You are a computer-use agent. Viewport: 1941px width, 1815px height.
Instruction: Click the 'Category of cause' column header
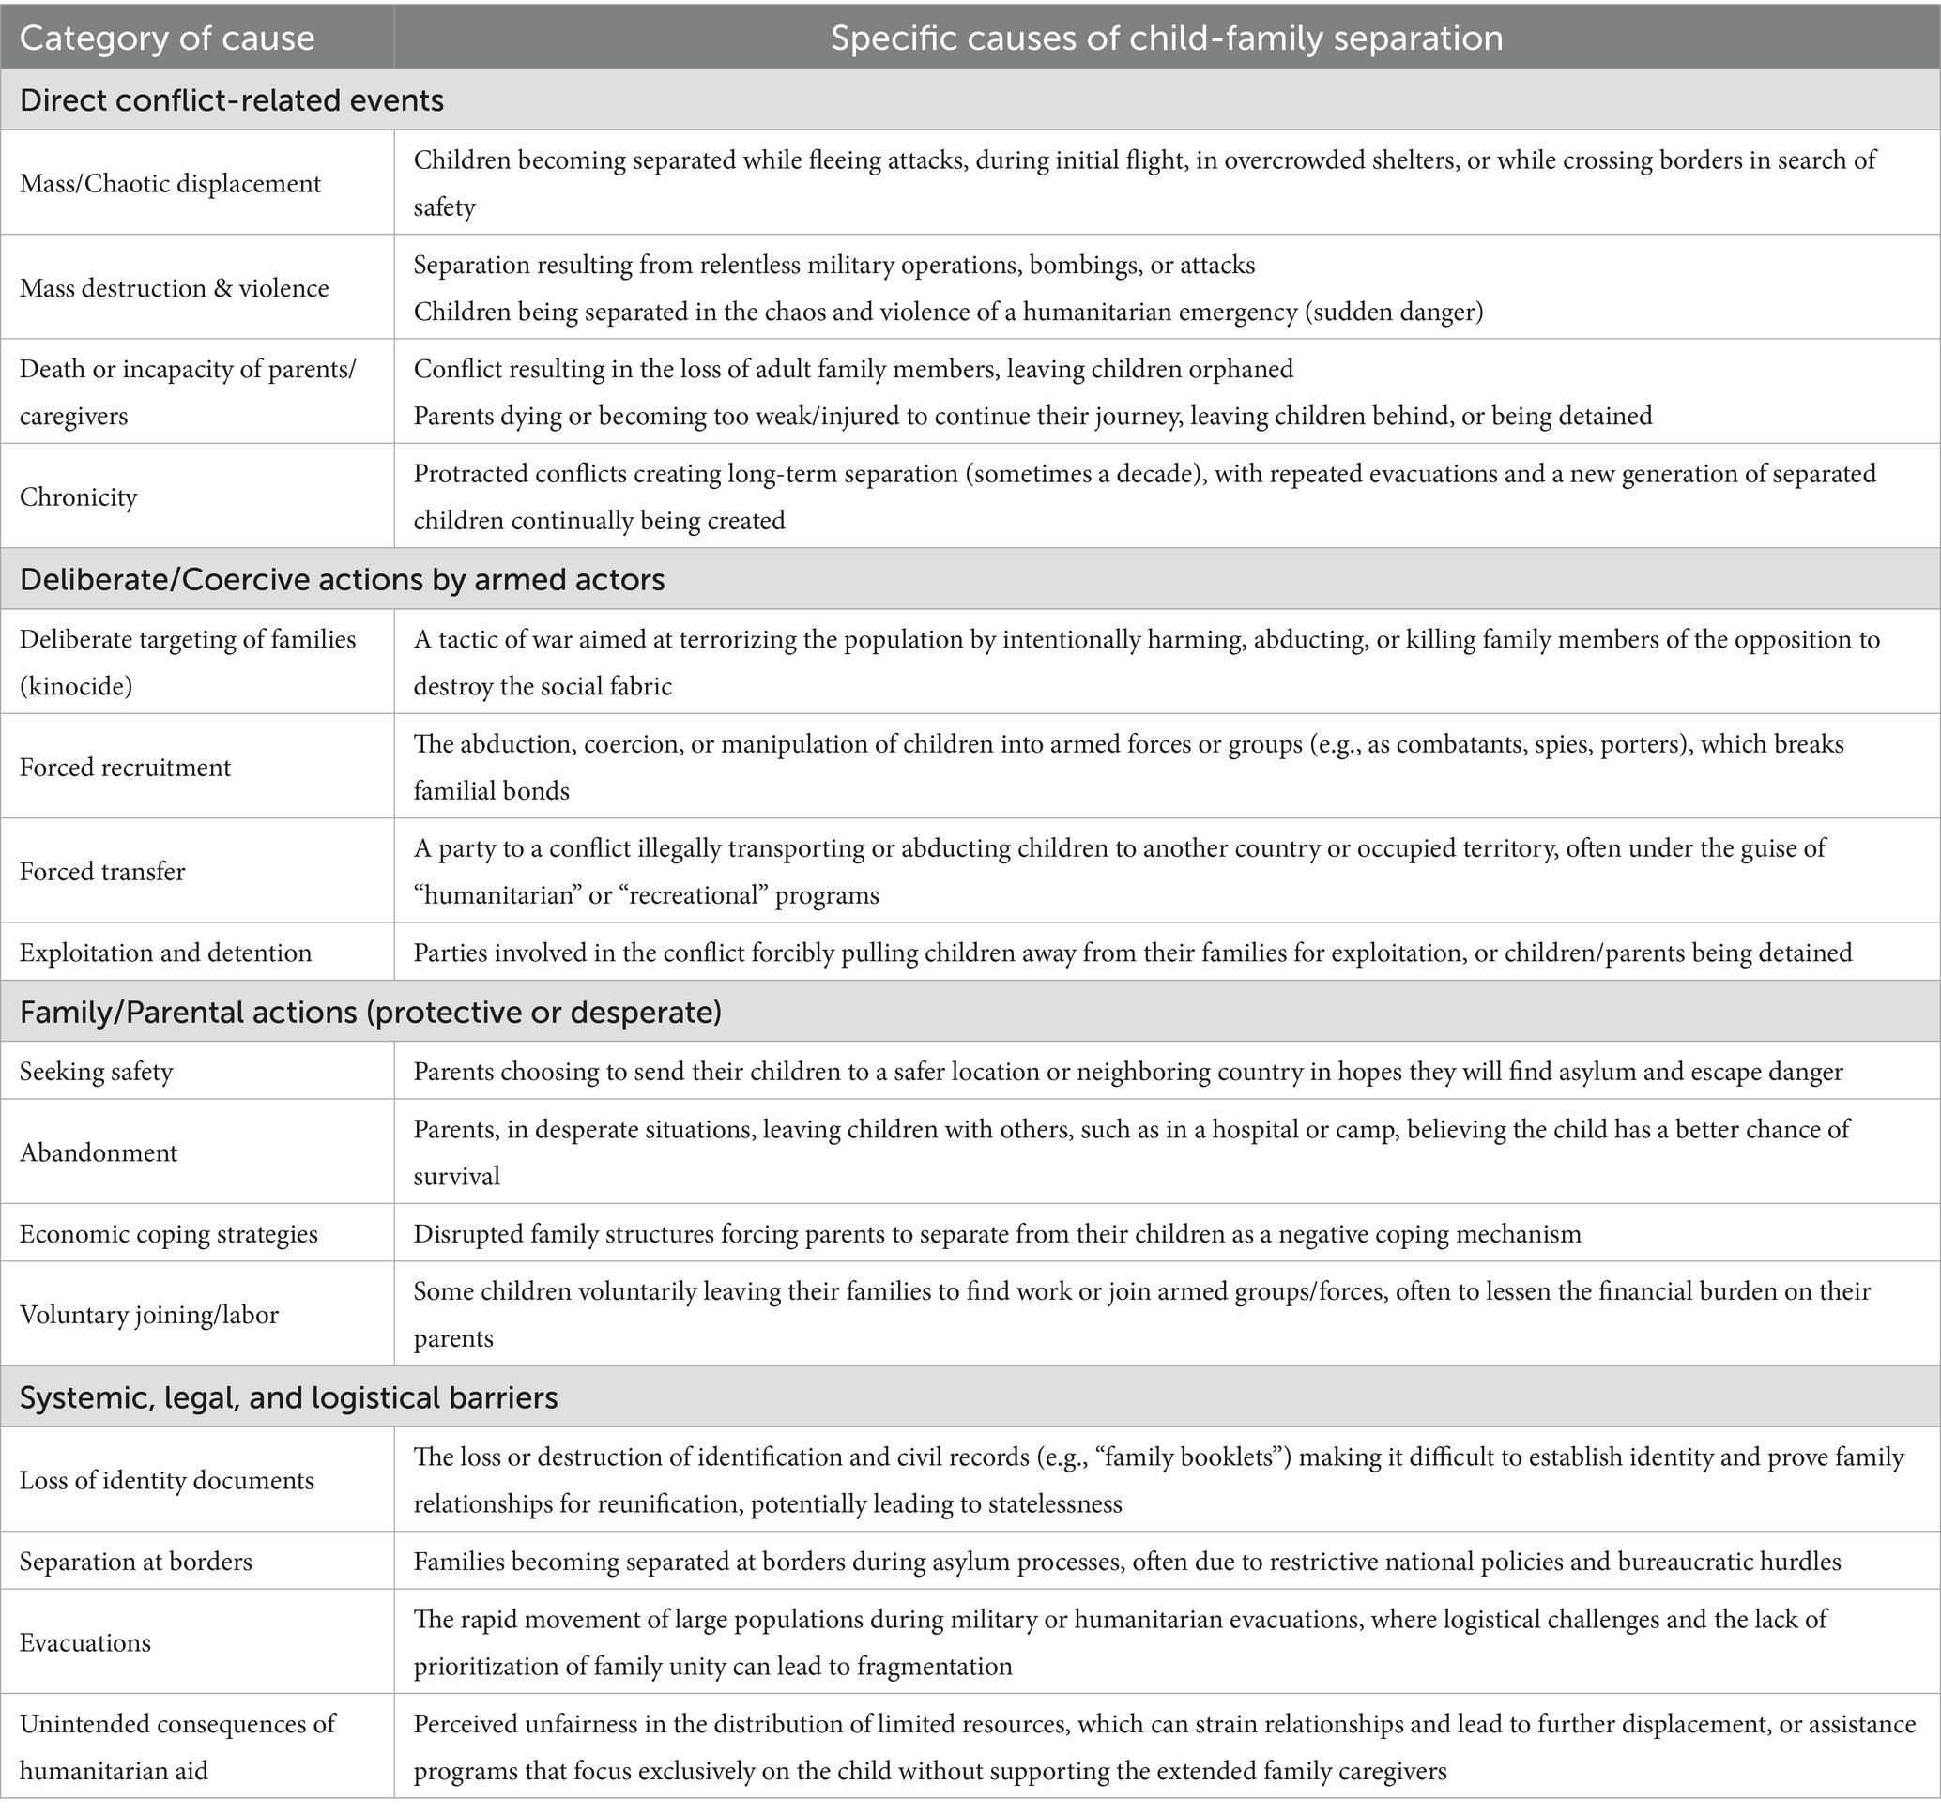[x=167, y=38]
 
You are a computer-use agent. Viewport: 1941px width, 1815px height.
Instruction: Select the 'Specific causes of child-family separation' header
[x=1166, y=38]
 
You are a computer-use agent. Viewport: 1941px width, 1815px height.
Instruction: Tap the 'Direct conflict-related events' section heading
[x=232, y=100]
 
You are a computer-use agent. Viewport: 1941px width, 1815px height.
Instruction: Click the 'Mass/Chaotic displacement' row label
[x=170, y=184]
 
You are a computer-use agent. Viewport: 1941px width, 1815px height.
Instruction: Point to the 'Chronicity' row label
[x=78, y=497]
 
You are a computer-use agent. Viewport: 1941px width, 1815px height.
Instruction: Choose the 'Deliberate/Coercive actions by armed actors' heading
[x=342, y=580]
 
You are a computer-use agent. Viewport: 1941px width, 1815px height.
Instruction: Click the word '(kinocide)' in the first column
[x=76, y=686]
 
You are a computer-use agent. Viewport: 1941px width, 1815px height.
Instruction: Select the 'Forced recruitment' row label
[x=125, y=768]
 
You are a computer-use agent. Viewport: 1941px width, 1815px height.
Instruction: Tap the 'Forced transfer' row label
[x=102, y=872]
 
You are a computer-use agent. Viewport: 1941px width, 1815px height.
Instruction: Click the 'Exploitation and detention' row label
[x=166, y=953]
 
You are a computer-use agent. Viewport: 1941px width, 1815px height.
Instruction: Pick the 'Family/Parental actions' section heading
[x=370, y=1013]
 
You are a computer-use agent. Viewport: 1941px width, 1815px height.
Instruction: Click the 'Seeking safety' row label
[x=96, y=1072]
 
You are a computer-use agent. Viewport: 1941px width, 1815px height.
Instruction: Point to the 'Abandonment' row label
[x=99, y=1153]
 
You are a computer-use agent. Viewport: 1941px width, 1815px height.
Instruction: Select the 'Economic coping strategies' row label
[x=169, y=1234]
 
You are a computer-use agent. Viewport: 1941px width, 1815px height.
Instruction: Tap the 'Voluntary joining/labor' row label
[x=149, y=1315]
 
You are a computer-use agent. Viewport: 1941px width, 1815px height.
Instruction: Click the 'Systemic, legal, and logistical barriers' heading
[x=288, y=1398]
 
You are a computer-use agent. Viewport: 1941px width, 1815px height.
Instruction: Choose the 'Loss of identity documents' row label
[x=167, y=1480]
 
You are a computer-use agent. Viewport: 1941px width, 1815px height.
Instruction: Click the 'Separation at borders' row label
[x=136, y=1562]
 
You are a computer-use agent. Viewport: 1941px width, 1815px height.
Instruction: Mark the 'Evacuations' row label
[x=85, y=1642]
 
